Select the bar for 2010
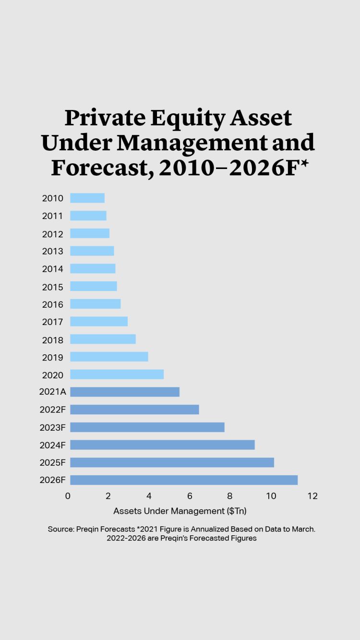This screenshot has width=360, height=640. [x=87, y=198]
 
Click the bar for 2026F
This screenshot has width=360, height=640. [x=184, y=480]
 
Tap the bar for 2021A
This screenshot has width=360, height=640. [x=125, y=392]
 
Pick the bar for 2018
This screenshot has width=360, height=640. [x=103, y=339]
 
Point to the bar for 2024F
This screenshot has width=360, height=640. [x=162, y=445]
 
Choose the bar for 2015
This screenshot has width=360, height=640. [x=94, y=286]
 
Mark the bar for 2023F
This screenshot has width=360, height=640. [x=147, y=427]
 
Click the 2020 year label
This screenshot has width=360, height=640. [x=53, y=375]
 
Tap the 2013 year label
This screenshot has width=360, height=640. [x=53, y=251]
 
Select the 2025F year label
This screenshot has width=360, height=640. [x=52, y=463]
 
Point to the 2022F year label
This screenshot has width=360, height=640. [x=52, y=410]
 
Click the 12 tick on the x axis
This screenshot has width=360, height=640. [x=312, y=496]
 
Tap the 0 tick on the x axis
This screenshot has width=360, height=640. [x=68, y=496]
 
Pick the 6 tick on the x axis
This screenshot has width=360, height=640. [x=190, y=496]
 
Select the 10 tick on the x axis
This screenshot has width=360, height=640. [x=271, y=496]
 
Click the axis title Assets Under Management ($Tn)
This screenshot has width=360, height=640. [x=180, y=511]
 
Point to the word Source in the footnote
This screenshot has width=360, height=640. [x=60, y=529]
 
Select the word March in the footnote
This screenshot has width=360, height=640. [x=302, y=529]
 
